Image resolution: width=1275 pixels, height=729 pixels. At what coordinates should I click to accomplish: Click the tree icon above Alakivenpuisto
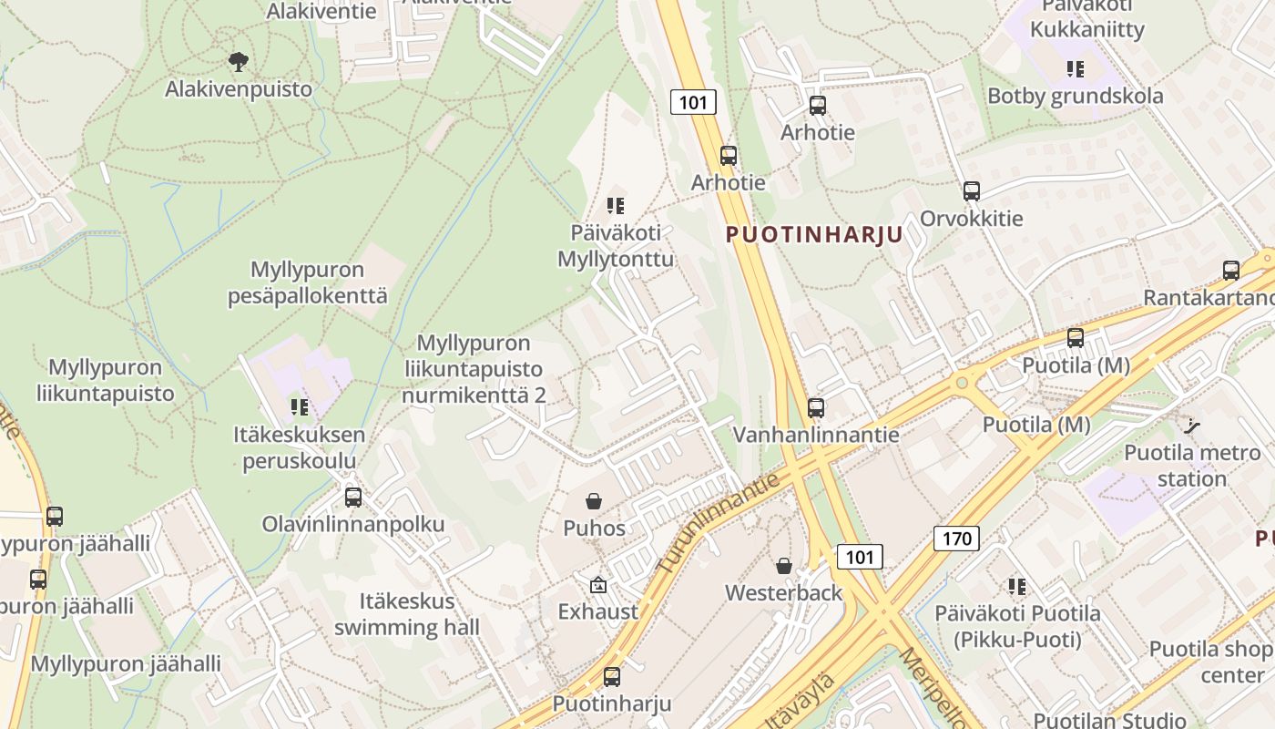click(239, 62)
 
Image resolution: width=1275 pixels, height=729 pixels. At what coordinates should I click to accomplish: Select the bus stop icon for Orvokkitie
click(972, 191)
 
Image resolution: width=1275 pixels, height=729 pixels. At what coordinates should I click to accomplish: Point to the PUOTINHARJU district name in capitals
click(814, 234)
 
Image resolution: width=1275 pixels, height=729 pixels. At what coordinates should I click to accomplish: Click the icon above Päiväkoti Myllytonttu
click(616, 206)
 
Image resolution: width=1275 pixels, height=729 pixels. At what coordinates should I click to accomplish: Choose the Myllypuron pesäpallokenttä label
click(308, 282)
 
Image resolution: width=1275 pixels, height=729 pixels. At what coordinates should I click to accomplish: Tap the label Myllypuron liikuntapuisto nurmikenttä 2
click(474, 369)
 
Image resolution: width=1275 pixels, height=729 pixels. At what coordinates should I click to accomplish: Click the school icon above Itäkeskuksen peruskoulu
click(299, 407)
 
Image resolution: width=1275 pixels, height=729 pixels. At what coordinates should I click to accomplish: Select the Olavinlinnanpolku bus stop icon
click(353, 498)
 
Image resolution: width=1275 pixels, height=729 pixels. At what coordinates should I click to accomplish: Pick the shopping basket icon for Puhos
click(594, 501)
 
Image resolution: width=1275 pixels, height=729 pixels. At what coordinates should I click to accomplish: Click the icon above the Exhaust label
click(597, 584)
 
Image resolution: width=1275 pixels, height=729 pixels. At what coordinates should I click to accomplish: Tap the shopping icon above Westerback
click(783, 566)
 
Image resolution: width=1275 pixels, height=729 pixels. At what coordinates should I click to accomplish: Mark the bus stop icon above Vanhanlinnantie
click(816, 407)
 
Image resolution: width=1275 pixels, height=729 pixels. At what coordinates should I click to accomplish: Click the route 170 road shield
click(956, 539)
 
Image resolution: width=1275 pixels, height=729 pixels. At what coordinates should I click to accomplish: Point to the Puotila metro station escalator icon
click(1191, 425)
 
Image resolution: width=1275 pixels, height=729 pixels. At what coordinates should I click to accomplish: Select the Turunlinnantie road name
click(719, 523)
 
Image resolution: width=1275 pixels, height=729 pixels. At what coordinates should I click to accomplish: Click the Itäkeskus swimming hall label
click(406, 614)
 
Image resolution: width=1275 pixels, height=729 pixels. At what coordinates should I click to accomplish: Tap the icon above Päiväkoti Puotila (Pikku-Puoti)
click(1016, 587)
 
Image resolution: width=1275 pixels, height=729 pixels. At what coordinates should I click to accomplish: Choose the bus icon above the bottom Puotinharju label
click(612, 677)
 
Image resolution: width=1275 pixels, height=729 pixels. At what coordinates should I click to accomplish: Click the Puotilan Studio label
click(1109, 720)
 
